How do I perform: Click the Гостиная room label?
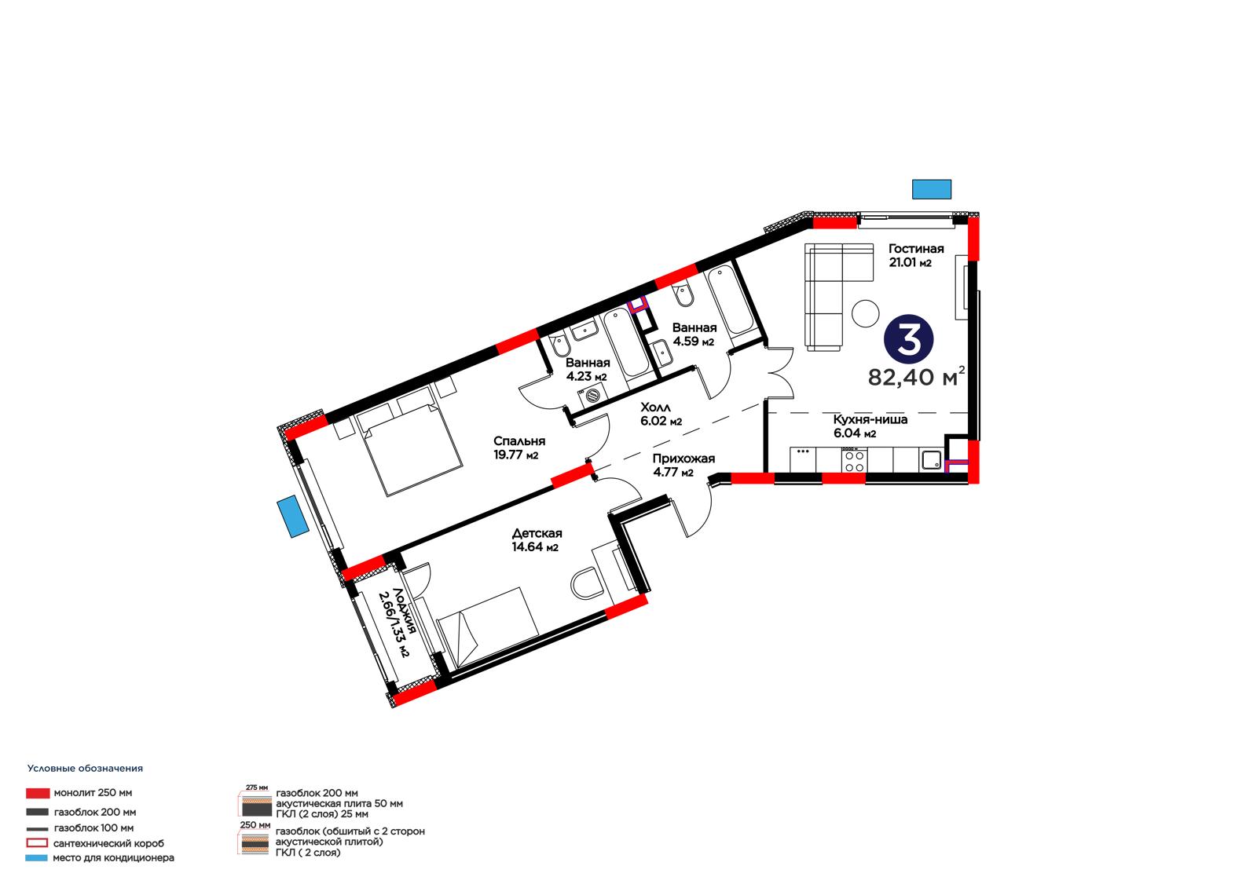pos(915,249)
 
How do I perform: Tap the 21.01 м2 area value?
pos(910,262)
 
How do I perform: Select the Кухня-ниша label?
pos(870,419)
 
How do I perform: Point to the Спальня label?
pos(519,441)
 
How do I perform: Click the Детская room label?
pos(537,533)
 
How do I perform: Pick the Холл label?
pos(655,407)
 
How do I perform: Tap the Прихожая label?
pos(683,459)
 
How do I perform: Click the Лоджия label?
pos(404,611)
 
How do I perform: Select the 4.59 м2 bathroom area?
pos(693,341)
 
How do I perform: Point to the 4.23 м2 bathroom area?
pos(586,376)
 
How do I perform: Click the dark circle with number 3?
pos(908,339)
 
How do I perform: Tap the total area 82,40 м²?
pos(916,377)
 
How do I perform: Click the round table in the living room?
pos(865,313)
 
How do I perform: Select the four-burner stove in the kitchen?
pos(854,460)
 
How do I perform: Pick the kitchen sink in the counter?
pos(932,460)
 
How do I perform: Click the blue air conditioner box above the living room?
pos(932,189)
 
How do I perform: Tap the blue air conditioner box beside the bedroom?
pos(292,517)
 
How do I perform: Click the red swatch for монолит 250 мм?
pos(38,793)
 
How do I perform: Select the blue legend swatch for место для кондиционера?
pos(36,857)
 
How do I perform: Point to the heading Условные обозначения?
pos(86,769)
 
